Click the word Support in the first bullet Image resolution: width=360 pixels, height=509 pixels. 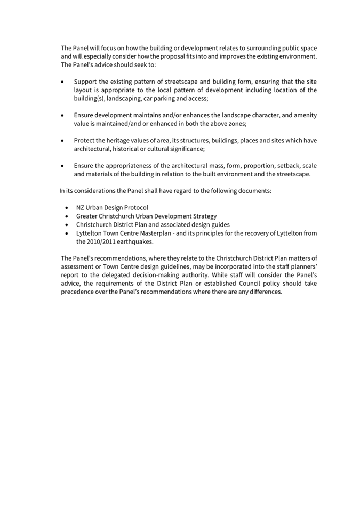click(86, 82)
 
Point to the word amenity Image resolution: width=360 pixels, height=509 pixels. click(304, 115)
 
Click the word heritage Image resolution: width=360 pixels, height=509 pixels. click(121, 141)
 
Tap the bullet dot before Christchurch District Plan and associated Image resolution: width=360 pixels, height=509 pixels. click(66, 224)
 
